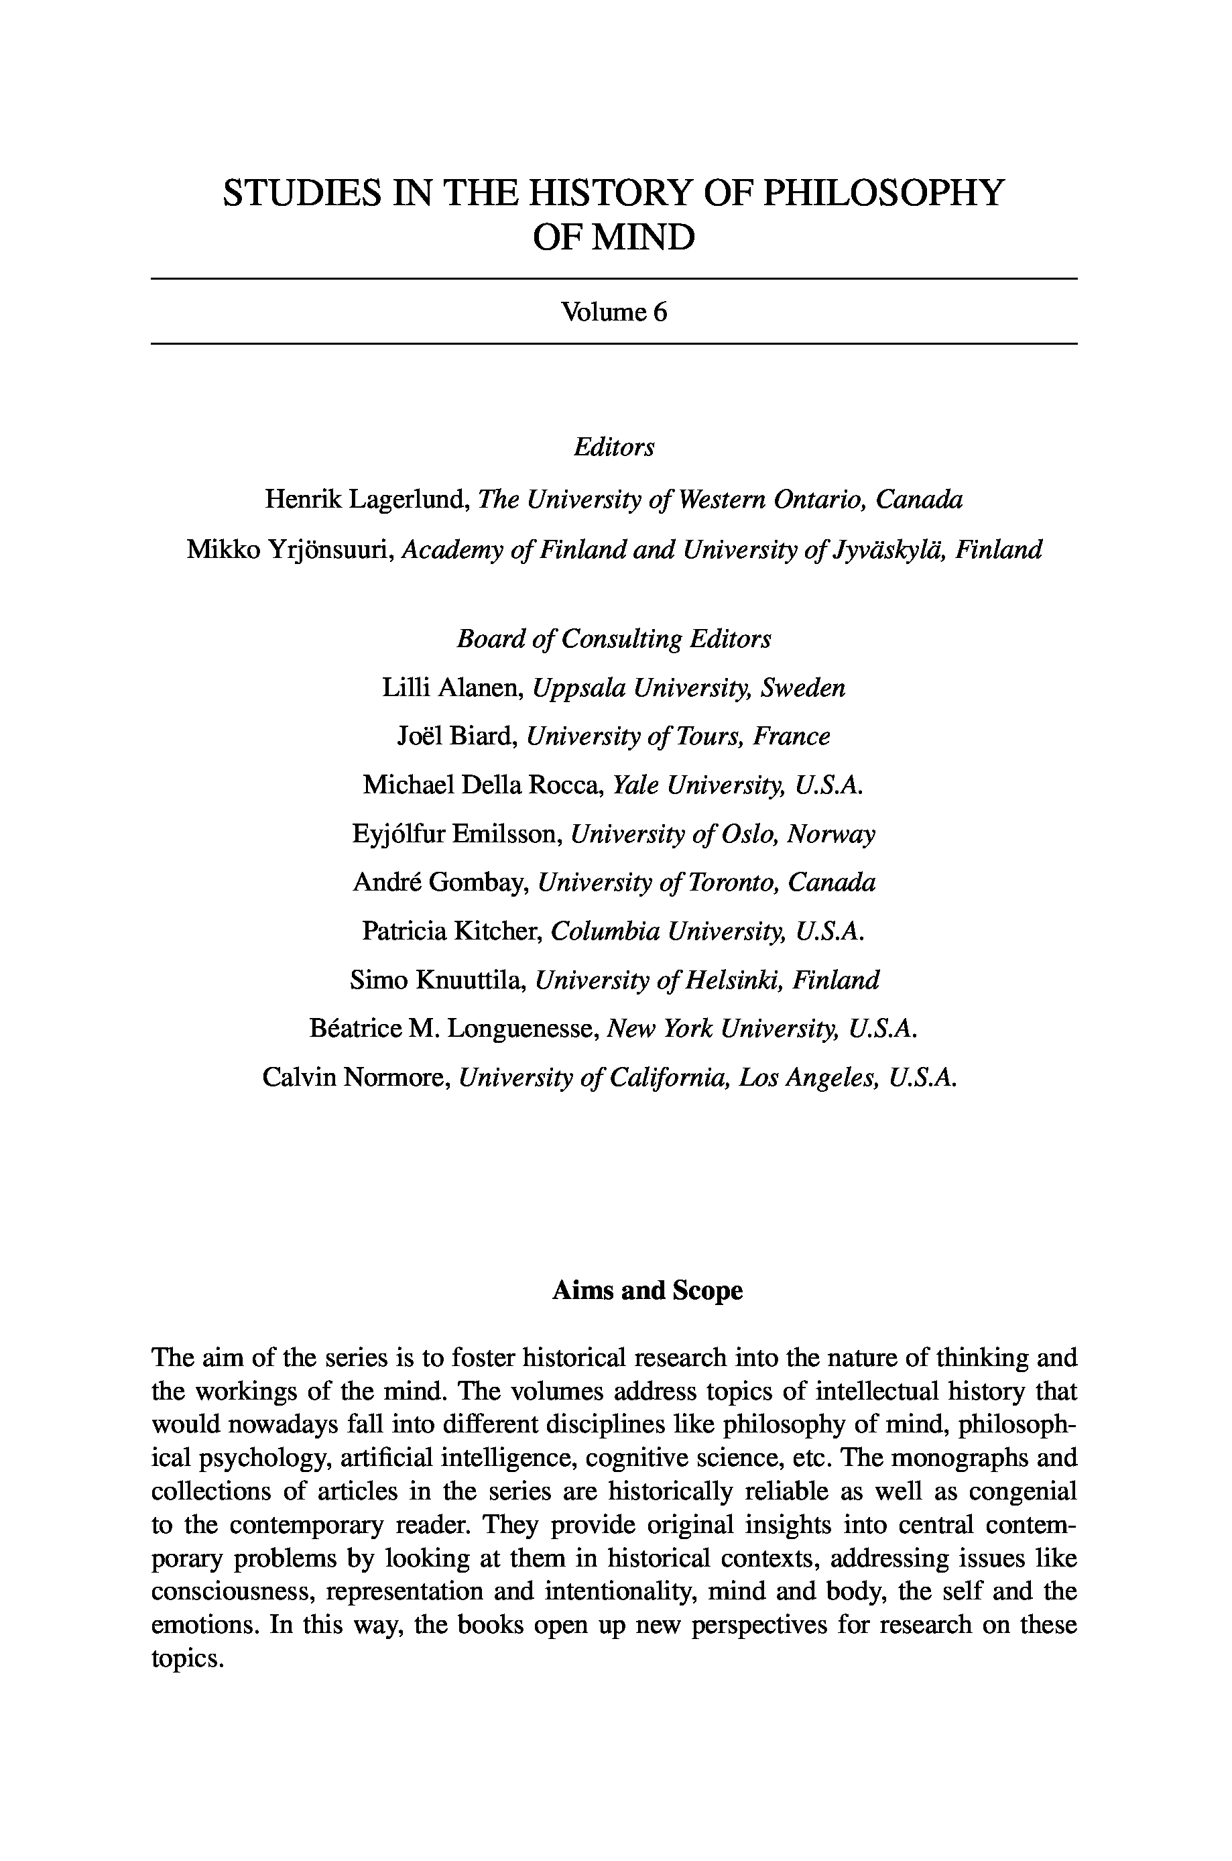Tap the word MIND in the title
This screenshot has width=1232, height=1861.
pos(643,237)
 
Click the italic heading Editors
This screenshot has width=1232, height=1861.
pos(613,447)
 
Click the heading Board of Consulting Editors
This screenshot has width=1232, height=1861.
pos(613,639)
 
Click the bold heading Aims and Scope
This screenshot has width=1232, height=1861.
pos(648,1290)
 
